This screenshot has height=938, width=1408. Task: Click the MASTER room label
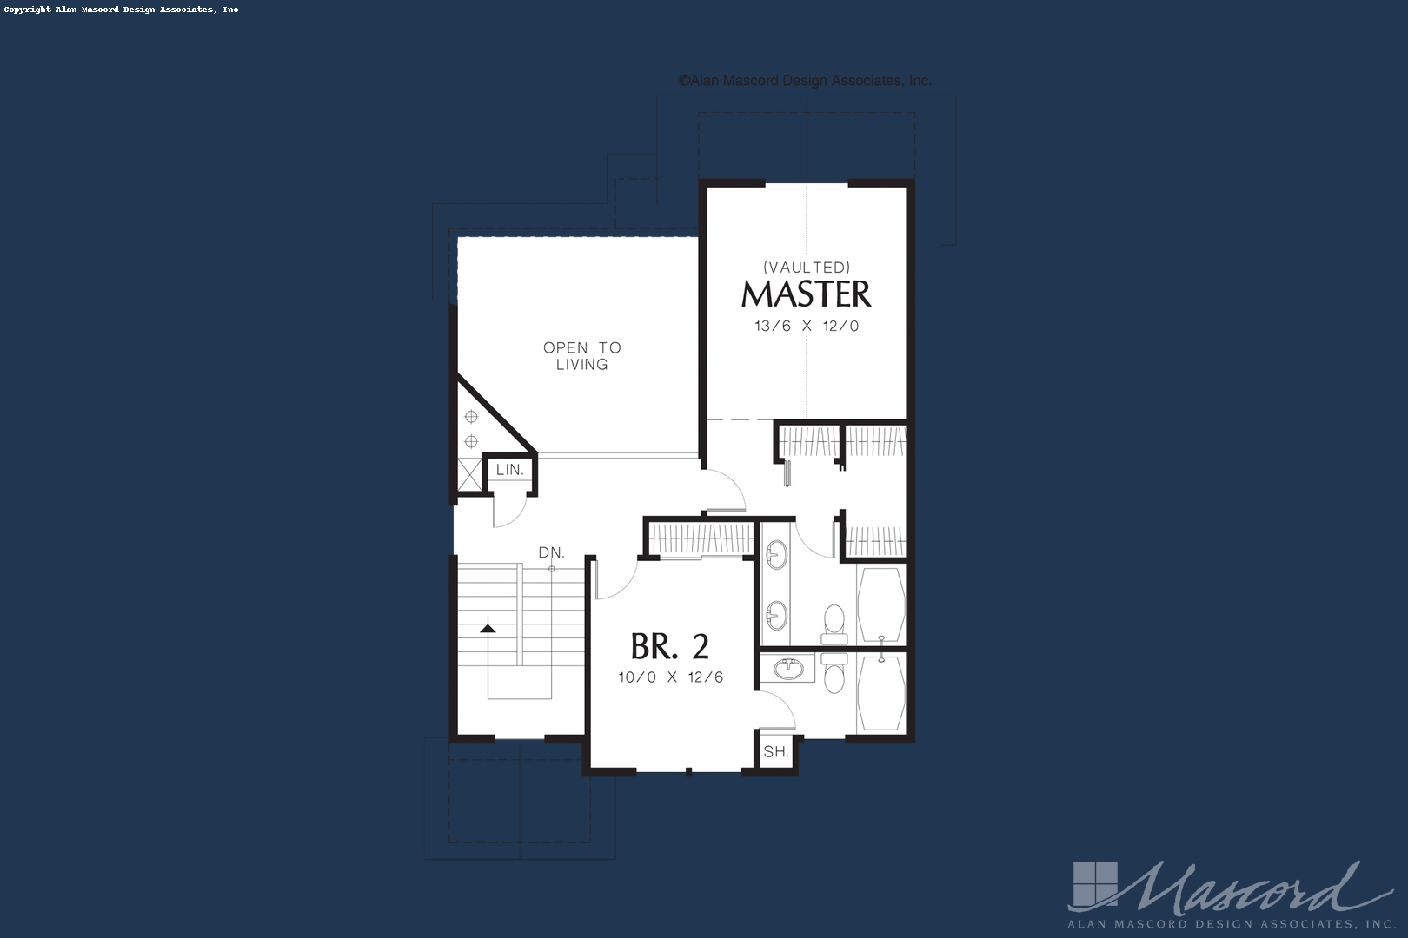click(x=806, y=294)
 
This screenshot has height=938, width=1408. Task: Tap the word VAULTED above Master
click(x=806, y=268)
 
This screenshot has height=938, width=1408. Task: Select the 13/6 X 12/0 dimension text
click(x=806, y=327)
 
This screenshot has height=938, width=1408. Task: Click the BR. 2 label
click(x=669, y=646)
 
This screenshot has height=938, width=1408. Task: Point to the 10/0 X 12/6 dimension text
click(x=670, y=677)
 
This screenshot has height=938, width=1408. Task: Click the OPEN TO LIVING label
click(x=581, y=355)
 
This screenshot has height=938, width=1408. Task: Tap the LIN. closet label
click(x=509, y=470)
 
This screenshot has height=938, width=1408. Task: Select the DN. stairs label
click(x=551, y=552)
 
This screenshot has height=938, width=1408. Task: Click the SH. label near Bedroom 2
click(x=775, y=751)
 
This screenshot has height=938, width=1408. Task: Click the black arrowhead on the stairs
click(x=488, y=627)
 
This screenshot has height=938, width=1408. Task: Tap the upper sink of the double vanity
click(x=776, y=554)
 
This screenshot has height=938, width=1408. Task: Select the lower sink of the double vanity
click(x=776, y=616)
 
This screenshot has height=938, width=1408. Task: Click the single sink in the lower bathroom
click(x=789, y=669)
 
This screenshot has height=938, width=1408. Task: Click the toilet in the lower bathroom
click(x=834, y=673)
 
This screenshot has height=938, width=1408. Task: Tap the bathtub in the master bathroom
click(x=881, y=604)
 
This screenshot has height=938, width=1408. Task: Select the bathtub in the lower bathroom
click(x=881, y=692)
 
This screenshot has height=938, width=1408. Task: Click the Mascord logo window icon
click(x=1093, y=884)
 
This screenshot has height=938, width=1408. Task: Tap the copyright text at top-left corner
click(x=121, y=10)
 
